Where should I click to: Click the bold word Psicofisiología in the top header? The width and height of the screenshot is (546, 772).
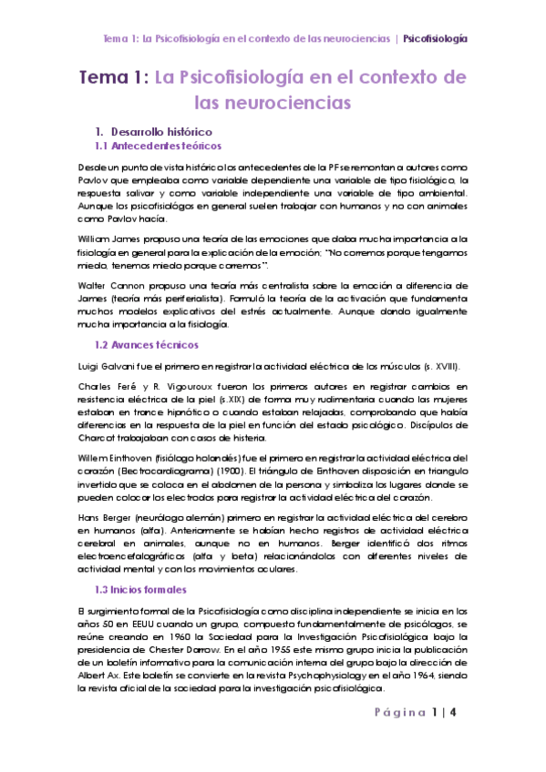coord(436,39)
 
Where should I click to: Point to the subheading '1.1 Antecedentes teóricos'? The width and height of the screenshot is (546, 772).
coord(158,146)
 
